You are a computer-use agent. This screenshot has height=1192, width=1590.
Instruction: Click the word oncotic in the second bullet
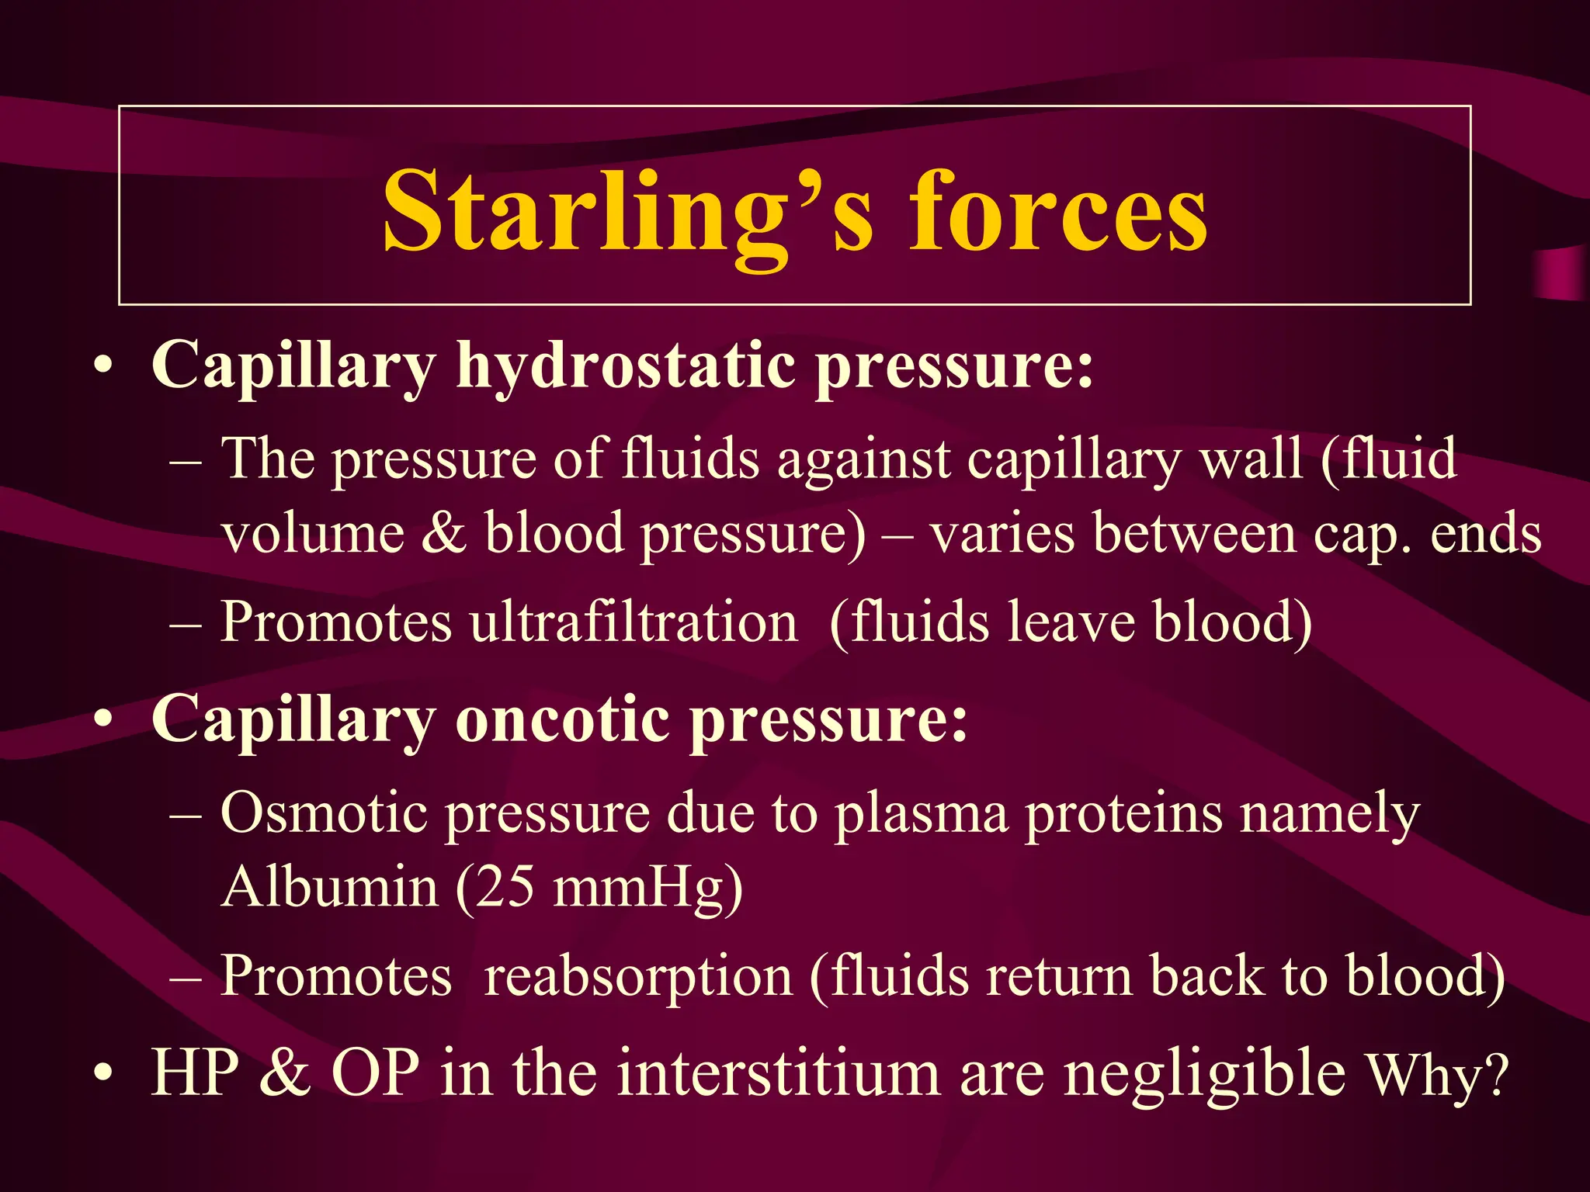(x=562, y=719)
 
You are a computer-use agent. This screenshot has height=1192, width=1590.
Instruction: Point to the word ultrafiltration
(x=634, y=622)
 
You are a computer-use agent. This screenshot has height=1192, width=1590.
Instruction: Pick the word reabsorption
(x=637, y=975)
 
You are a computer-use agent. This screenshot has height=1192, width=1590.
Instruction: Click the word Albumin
(x=329, y=886)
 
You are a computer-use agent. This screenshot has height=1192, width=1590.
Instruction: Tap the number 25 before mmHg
(x=505, y=886)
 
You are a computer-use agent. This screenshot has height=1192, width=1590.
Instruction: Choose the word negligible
(x=1204, y=1074)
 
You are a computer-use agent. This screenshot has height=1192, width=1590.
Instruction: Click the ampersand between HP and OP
(x=285, y=1073)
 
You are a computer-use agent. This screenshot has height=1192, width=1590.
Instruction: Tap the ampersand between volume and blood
(x=443, y=534)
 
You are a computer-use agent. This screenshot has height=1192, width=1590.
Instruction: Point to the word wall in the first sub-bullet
(x=1251, y=459)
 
